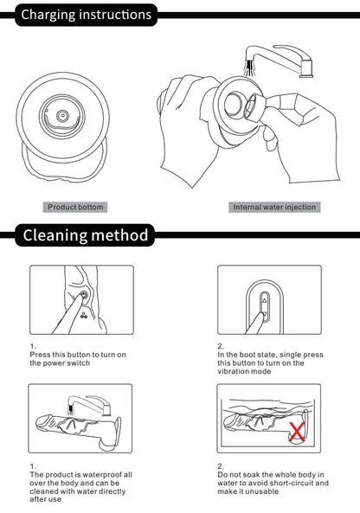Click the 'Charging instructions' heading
86,15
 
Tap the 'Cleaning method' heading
86,235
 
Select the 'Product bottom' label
75,207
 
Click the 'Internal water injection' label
274,207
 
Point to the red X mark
297,432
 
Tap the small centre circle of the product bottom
62,116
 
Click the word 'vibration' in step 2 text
233,372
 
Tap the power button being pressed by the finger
84,295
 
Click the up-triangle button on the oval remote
265,299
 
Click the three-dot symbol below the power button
84,316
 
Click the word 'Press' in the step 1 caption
40,355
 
